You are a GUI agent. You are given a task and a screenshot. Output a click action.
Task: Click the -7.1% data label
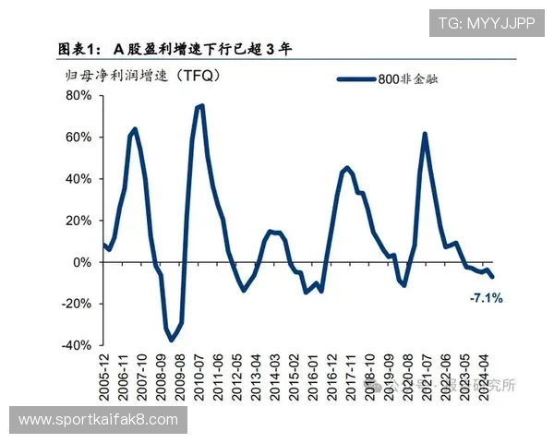pos(486,298)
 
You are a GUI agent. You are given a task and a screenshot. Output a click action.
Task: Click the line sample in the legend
pos(355,80)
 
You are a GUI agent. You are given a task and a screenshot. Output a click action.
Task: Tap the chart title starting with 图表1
pos(175,49)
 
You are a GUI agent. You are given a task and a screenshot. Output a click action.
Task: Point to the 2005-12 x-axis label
pos(104,378)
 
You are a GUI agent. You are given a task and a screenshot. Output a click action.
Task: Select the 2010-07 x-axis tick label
pos(200,378)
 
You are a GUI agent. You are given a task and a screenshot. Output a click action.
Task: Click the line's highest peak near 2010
pos(200,106)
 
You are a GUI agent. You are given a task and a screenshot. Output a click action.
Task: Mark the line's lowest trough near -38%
pos(171,341)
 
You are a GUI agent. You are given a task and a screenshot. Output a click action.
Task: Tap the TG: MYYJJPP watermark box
pos(485,23)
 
